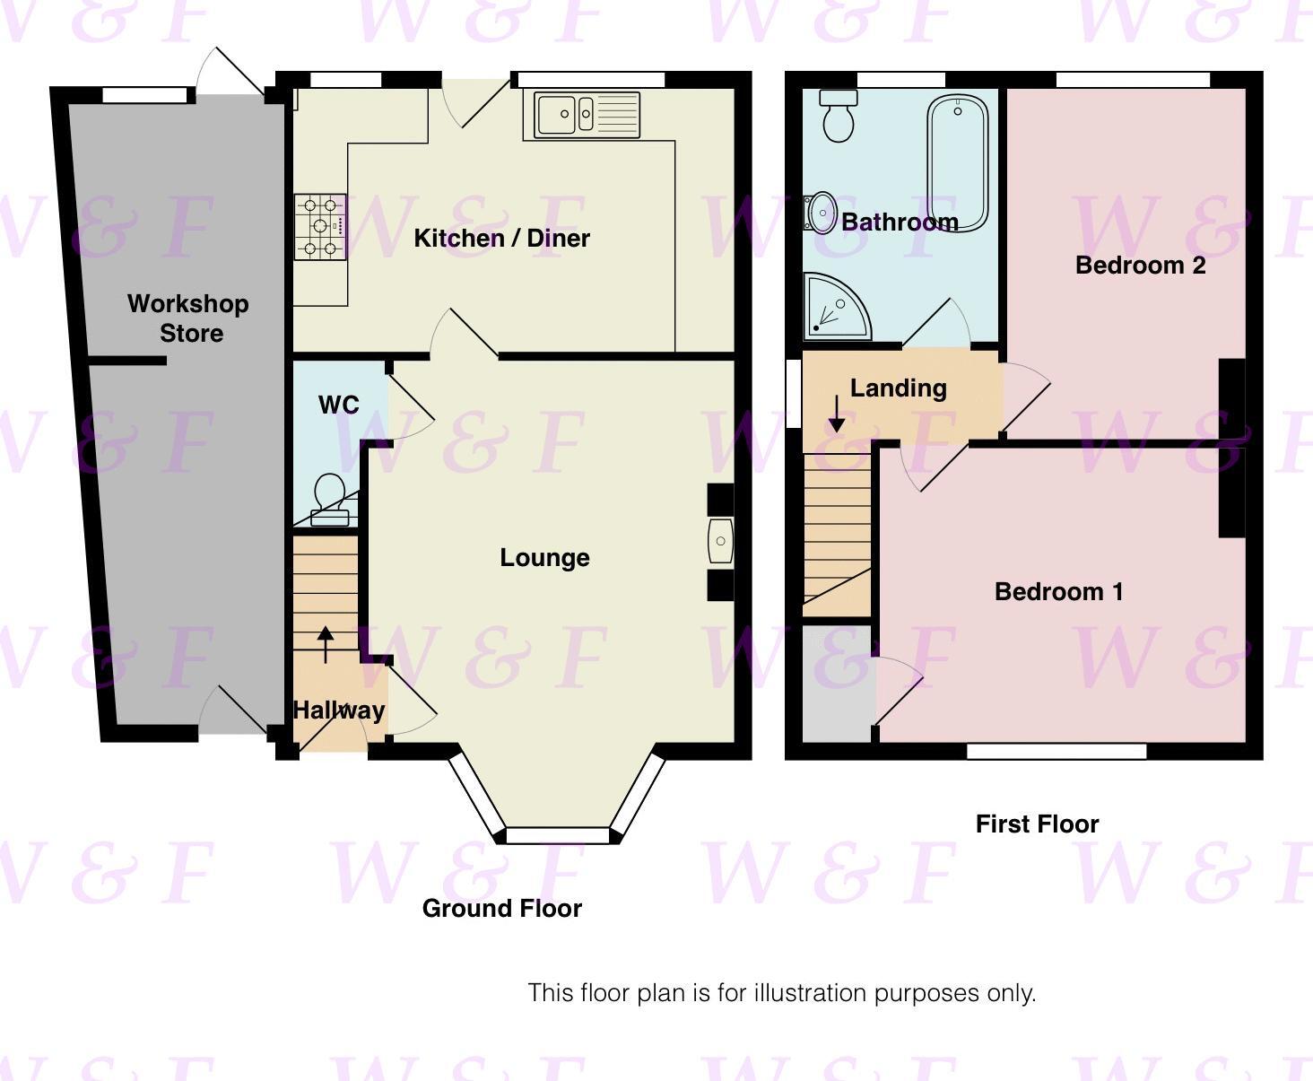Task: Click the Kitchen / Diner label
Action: (501, 238)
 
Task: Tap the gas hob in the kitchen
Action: (320, 227)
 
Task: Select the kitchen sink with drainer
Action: (587, 115)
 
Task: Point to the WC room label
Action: (339, 405)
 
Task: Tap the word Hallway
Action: (339, 710)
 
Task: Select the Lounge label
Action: (544, 557)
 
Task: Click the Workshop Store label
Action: (188, 318)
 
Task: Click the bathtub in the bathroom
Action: (958, 161)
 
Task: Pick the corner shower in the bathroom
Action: (834, 308)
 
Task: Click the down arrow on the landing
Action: (836, 414)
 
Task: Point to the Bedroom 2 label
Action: (1140, 265)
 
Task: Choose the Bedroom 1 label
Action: (1058, 591)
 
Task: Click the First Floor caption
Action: (1037, 824)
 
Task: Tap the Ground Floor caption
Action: (501, 908)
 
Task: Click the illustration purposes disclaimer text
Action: (781, 993)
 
